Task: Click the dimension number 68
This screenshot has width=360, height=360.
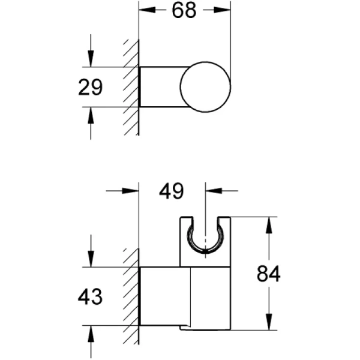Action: pyautogui.click(x=184, y=11)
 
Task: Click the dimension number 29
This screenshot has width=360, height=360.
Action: pyautogui.click(x=90, y=88)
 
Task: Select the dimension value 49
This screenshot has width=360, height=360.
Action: pyautogui.click(x=172, y=191)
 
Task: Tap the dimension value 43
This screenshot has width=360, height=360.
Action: pyautogui.click(x=90, y=297)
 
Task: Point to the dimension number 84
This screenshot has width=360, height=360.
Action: pyautogui.click(x=269, y=274)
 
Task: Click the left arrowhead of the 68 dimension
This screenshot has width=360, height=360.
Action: pyautogui.click(x=147, y=10)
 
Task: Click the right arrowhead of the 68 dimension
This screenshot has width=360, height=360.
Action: pyautogui.click(x=222, y=10)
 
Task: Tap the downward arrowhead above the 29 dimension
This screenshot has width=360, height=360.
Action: pyautogui.click(x=91, y=59)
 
